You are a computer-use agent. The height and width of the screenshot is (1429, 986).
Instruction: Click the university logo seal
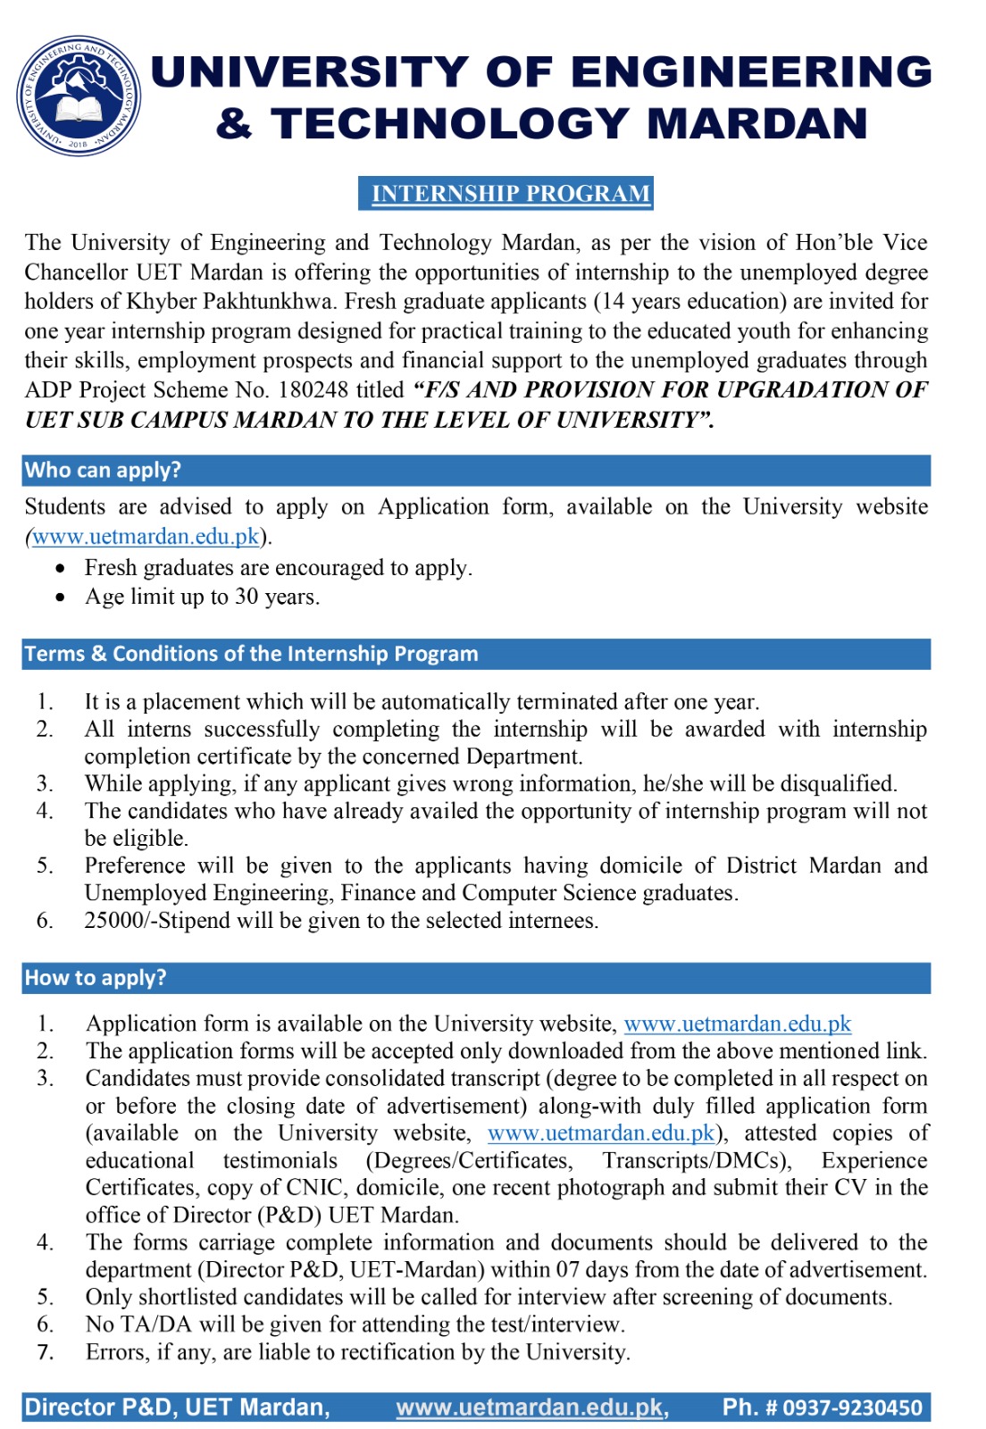(x=79, y=96)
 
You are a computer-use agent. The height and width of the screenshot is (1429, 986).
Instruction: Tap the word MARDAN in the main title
(x=756, y=123)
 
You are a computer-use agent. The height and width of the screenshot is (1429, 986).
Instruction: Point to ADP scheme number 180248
(x=320, y=390)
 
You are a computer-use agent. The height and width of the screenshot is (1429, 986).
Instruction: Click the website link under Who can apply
(x=146, y=537)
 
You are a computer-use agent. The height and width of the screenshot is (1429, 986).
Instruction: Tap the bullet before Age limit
(x=60, y=598)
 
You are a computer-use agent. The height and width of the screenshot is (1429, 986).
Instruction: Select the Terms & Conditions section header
(x=251, y=654)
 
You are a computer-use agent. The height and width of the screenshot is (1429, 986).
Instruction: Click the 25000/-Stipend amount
(x=146, y=921)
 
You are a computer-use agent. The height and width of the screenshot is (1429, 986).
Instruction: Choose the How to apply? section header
(x=96, y=978)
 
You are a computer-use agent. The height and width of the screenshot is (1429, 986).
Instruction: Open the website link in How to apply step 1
(x=737, y=1024)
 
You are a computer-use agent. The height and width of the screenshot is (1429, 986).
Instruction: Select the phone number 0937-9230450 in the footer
(x=852, y=1408)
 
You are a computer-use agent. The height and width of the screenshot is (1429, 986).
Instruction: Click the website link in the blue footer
(x=531, y=1408)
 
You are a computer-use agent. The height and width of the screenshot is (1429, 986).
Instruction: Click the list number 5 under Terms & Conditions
(x=45, y=866)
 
